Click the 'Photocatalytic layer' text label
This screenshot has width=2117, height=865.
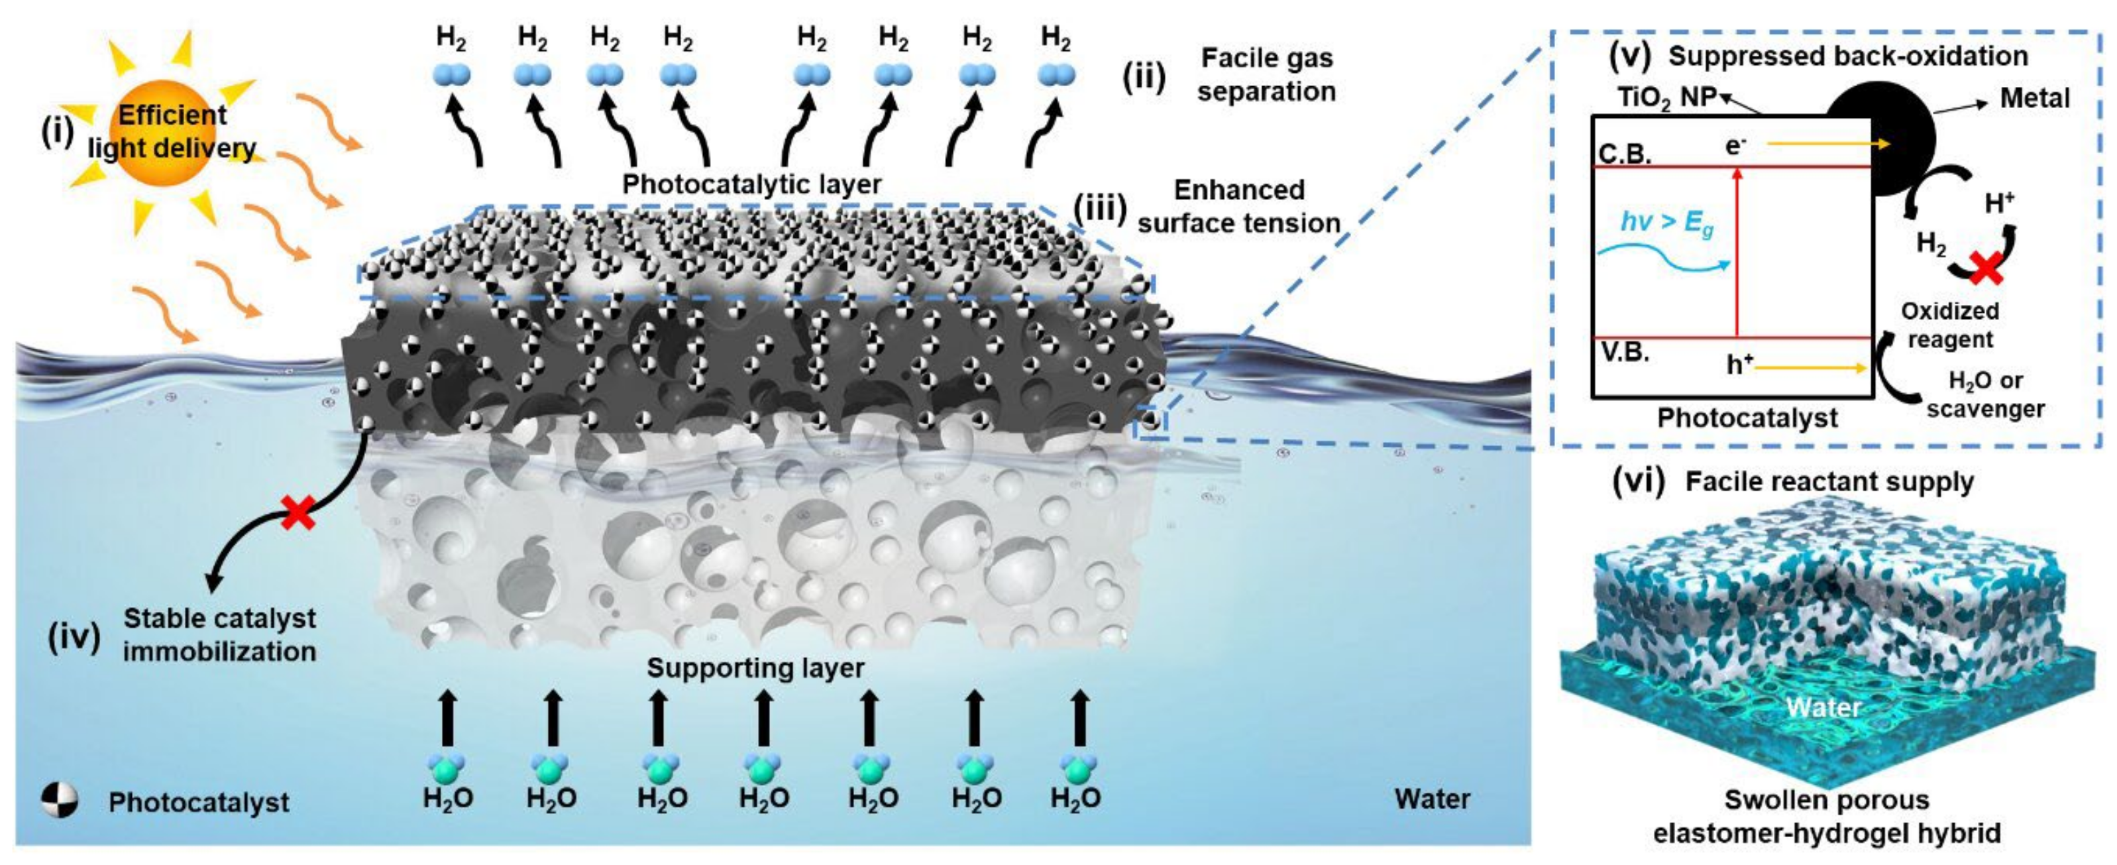751,184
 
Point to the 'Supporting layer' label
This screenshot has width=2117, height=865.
755,667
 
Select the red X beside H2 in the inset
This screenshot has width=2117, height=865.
1986,268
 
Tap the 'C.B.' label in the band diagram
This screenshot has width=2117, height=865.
1625,154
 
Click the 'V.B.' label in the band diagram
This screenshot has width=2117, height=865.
1625,353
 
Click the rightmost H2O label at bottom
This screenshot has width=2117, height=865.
1076,797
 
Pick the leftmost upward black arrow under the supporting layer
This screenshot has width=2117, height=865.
447,717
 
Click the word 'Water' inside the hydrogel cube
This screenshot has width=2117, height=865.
1823,707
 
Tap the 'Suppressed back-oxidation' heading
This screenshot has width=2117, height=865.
1847,56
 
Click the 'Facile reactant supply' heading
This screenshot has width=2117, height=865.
1829,482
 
